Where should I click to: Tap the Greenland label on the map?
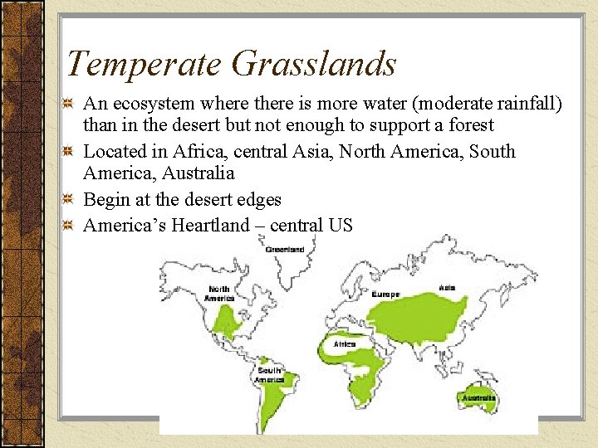285,249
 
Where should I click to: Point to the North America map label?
219,294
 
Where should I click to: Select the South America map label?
270,375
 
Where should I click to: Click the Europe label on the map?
385,295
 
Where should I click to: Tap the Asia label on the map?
447,288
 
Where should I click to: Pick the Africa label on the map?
345,343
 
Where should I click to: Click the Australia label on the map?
479,398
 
